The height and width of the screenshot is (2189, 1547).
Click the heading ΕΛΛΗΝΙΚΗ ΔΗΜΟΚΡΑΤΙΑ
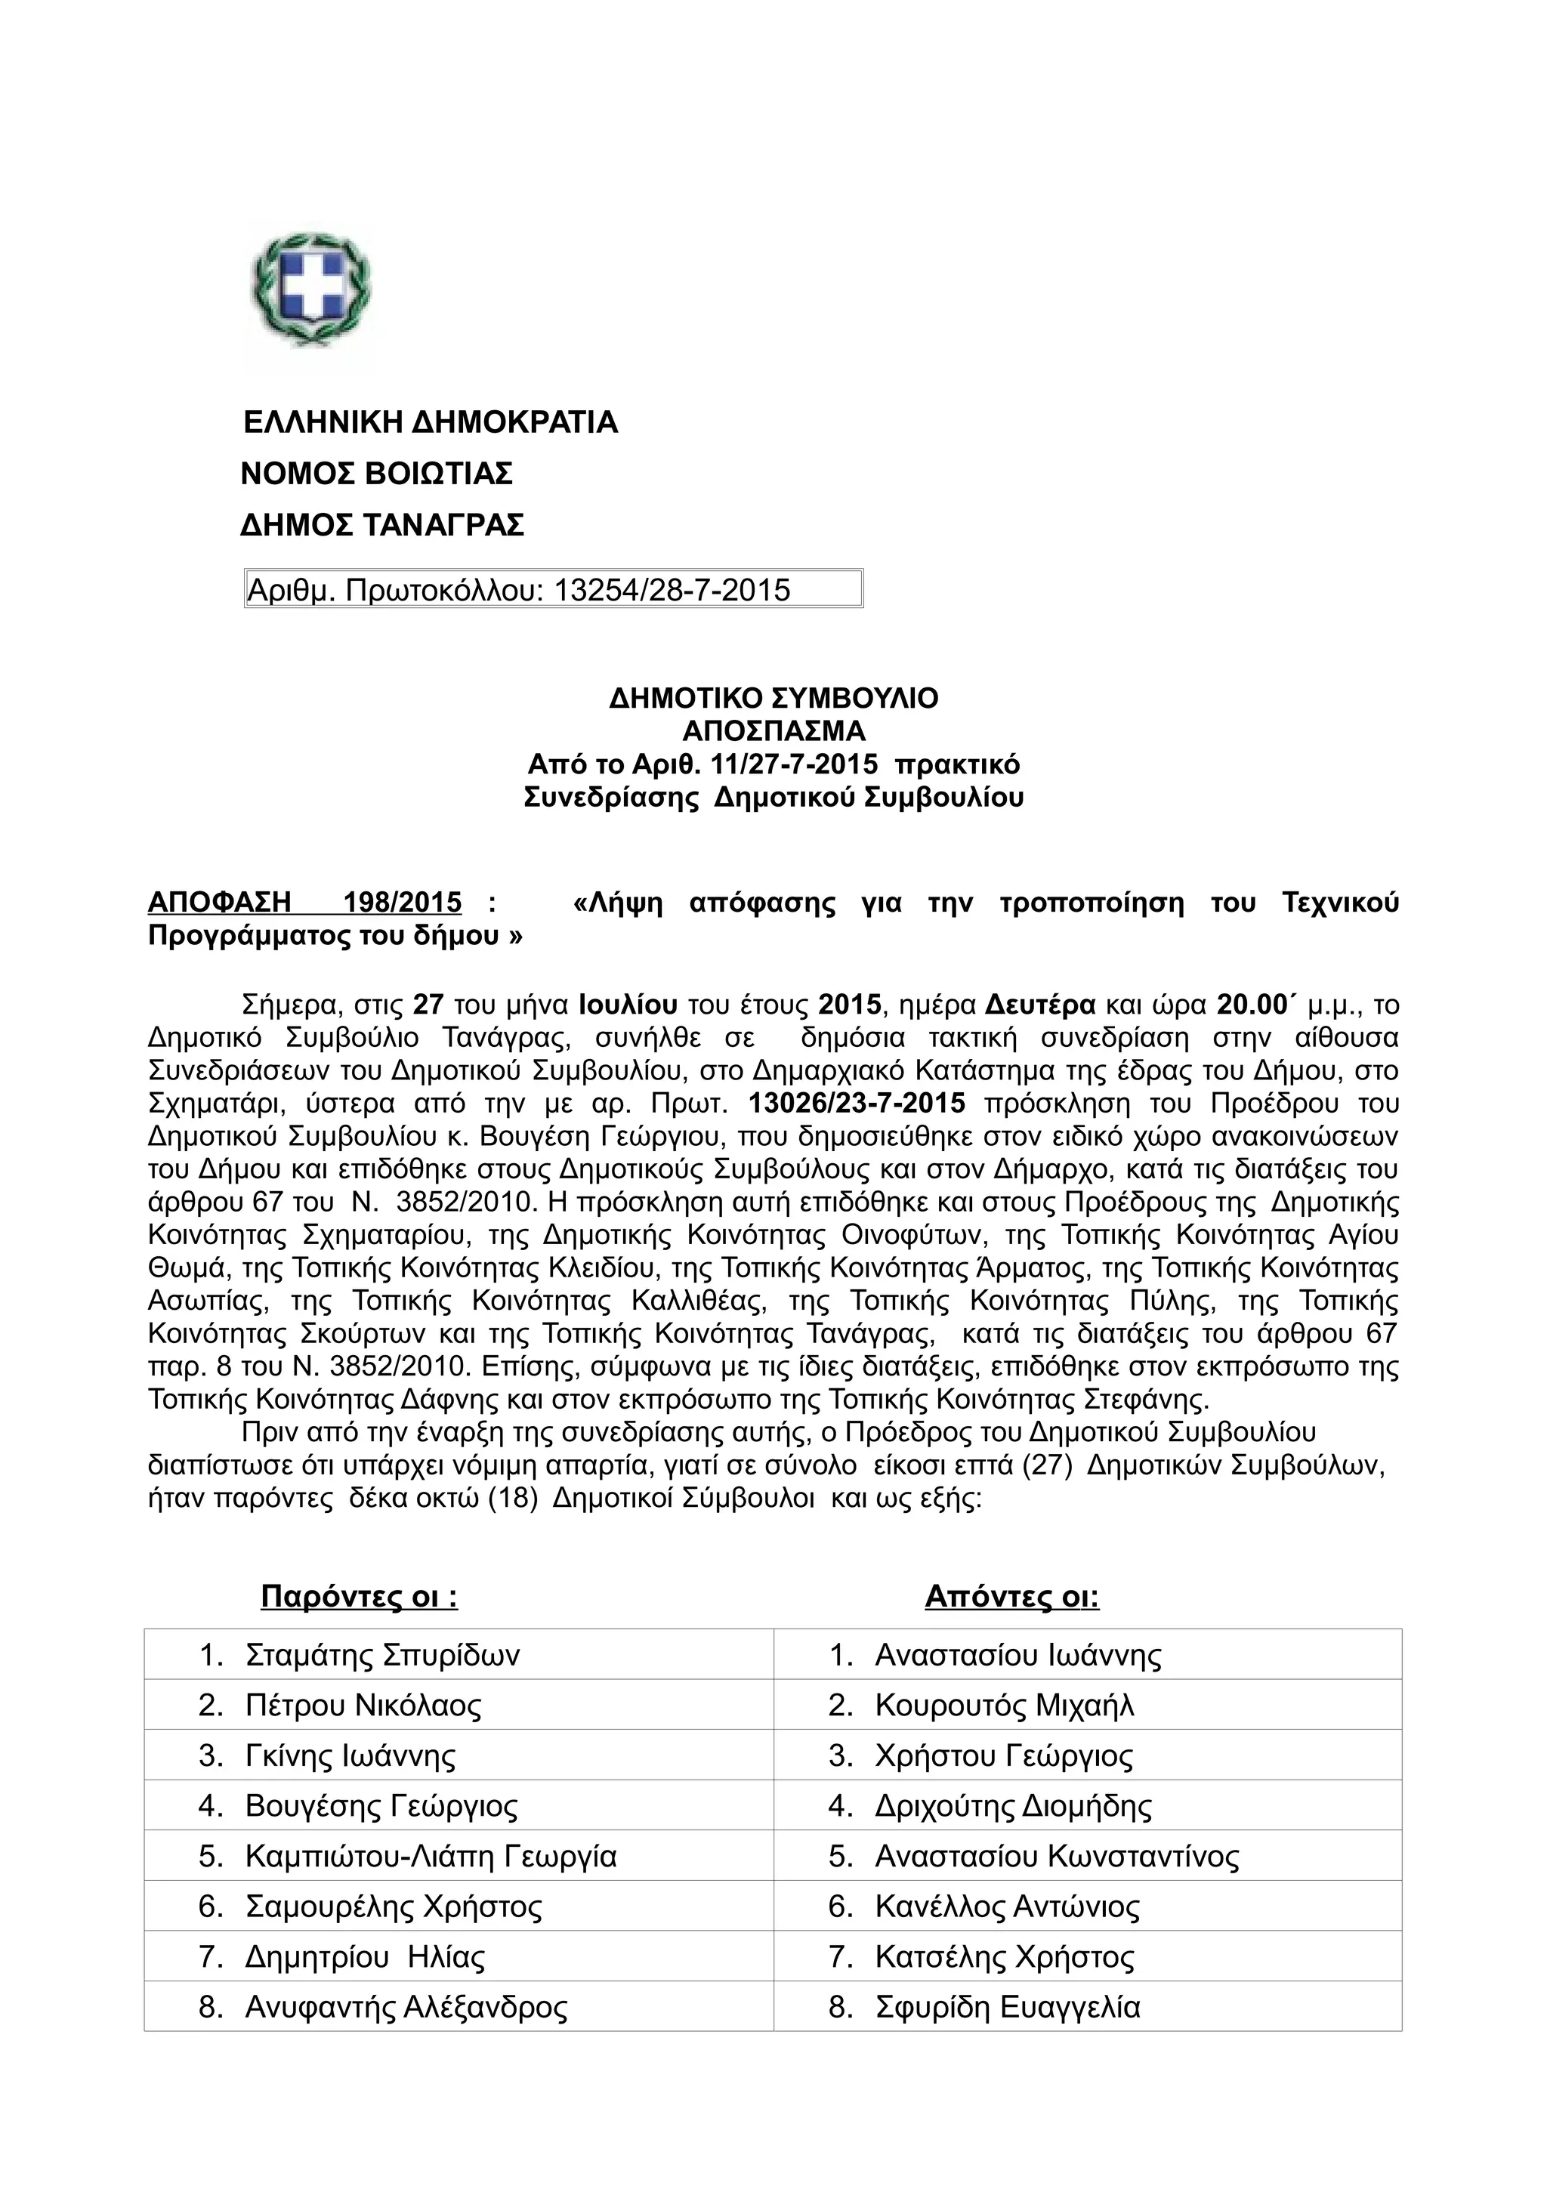[430, 422]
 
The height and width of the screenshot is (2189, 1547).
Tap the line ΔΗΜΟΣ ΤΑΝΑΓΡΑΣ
[381, 525]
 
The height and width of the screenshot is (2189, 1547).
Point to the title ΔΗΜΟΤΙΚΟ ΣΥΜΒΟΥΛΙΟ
[773, 699]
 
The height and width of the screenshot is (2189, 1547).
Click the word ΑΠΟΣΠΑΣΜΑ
[773, 731]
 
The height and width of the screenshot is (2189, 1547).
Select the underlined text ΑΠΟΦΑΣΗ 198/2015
[304, 902]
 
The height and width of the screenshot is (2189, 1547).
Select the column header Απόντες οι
[1011, 1596]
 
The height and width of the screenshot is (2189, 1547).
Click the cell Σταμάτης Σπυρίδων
[382, 1655]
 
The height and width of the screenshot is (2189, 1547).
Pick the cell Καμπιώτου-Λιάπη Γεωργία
[431, 1856]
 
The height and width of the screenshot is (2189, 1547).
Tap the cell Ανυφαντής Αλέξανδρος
[406, 2007]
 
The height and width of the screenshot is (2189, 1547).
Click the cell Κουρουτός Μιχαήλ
[1005, 1705]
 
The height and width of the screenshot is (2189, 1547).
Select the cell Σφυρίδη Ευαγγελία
[1008, 2007]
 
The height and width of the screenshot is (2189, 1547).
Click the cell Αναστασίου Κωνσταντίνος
[1057, 1856]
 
